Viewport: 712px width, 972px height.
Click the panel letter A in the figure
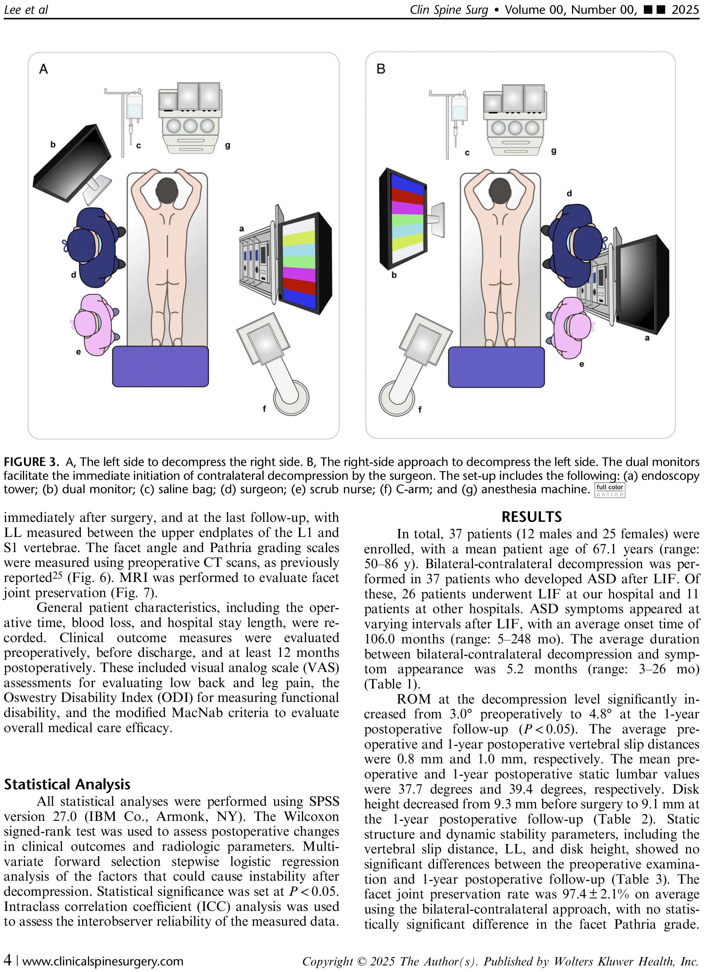pyautogui.click(x=43, y=69)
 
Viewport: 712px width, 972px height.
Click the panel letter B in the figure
pyautogui.click(x=381, y=69)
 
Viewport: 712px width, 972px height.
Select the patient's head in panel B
pyautogui.click(x=500, y=190)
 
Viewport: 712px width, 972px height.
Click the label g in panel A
pyautogui.click(x=228, y=145)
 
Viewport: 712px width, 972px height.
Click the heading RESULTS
pyautogui.click(x=531, y=517)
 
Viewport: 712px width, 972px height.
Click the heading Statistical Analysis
pyautogui.click(x=67, y=784)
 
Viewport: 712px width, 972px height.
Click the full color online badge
pyautogui.click(x=610, y=490)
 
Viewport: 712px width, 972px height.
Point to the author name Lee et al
pyautogui.click(x=26, y=10)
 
